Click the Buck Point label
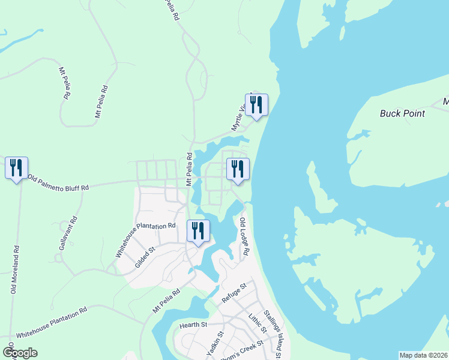coord(402,113)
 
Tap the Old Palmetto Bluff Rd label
coord(59,184)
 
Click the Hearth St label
coord(193,325)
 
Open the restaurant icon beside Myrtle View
coord(256,106)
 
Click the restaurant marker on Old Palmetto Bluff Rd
coord(16,168)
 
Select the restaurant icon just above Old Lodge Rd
coord(238,170)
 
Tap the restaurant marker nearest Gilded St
coord(197,232)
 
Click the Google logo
coord(20,353)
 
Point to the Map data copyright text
coord(424,355)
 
